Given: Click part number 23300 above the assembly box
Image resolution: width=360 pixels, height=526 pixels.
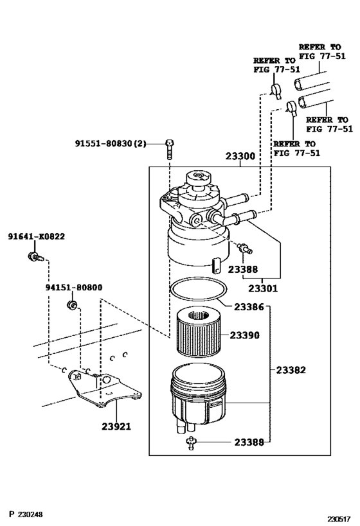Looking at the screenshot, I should [x=240, y=156].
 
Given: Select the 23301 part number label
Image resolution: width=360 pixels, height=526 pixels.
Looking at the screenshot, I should [x=264, y=288].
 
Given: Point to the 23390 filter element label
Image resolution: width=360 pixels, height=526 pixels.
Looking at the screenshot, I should [x=245, y=335].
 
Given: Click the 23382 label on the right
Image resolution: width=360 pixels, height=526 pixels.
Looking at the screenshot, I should [x=291, y=370].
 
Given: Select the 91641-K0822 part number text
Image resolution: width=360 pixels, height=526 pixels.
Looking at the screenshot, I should [x=36, y=236].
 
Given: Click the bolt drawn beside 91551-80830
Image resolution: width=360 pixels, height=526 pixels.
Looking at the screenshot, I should [x=168, y=148].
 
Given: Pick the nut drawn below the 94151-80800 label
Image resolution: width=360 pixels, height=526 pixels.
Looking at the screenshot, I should [x=73, y=304].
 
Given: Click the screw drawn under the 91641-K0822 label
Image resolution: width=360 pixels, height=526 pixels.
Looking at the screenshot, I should [x=33, y=258].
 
